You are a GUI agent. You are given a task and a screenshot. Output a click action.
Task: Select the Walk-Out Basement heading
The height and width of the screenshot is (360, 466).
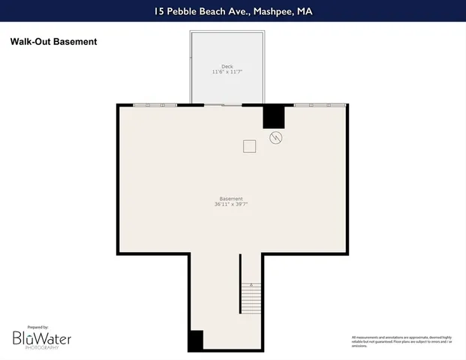pos(53,42)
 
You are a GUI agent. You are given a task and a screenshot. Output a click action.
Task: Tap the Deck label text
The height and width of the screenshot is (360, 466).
pos(227,66)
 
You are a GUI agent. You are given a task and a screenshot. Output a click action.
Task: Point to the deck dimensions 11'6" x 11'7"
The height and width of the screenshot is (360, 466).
pos(227,73)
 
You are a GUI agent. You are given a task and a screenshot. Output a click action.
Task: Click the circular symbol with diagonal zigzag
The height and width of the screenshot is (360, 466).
pos(275,138)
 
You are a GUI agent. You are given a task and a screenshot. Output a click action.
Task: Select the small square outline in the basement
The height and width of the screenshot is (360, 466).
pos(249,146)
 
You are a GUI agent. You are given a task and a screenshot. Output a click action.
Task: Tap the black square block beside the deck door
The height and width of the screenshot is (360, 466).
pos(273,116)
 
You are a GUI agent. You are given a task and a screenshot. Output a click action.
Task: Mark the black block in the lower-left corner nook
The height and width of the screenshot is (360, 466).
pos(195,340)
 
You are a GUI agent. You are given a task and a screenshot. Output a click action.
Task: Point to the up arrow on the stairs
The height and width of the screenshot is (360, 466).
pos(251,285)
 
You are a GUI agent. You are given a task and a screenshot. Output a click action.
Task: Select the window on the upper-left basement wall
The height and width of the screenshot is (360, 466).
pos(155,105)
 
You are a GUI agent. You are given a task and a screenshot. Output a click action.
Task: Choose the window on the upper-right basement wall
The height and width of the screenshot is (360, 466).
pos(320,105)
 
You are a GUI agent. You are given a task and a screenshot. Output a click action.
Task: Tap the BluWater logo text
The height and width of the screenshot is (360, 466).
pos(42,339)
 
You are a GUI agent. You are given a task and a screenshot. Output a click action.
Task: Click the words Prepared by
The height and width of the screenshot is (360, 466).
pos(37,327)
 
